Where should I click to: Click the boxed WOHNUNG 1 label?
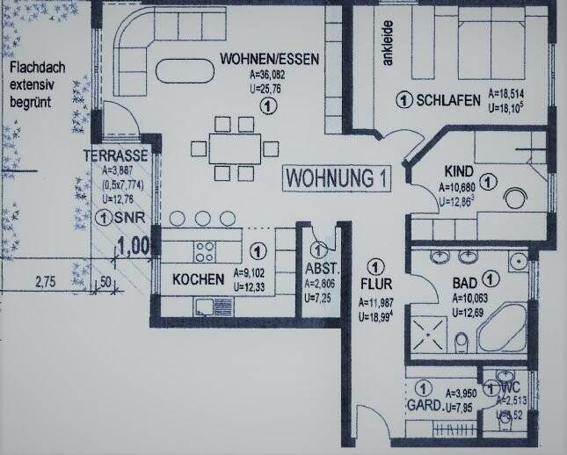click(337, 177)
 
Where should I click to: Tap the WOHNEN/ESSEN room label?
click(268, 60)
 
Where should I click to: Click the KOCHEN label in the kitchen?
click(197, 279)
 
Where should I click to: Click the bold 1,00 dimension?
click(134, 245)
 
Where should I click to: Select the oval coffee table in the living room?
click(183, 69)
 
